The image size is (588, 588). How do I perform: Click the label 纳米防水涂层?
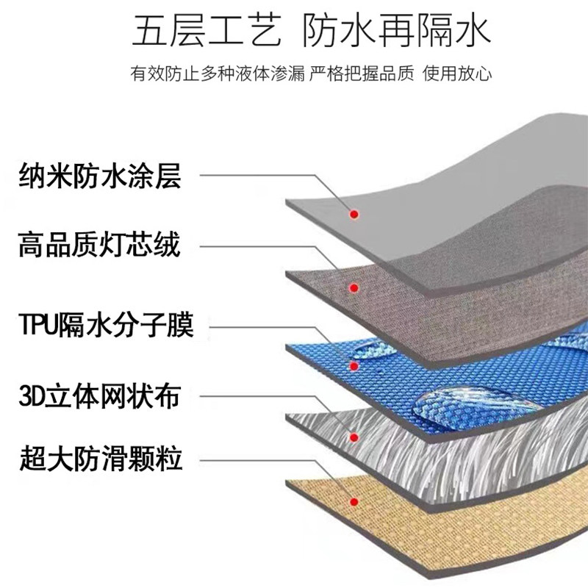click(100, 177)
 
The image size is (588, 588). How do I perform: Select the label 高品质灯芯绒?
click(100, 245)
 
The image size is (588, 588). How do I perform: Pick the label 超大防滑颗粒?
click(100, 461)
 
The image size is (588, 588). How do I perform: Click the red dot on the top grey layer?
click(354, 215)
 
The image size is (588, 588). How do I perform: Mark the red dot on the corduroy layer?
click(354, 287)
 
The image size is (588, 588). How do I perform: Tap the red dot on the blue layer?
click(354, 365)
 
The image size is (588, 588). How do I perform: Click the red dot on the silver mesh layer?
click(354, 437)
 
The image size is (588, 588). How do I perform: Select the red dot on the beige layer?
click(354, 503)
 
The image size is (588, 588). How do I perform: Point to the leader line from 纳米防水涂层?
click(257, 176)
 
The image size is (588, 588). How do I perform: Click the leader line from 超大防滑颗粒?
click(257, 461)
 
